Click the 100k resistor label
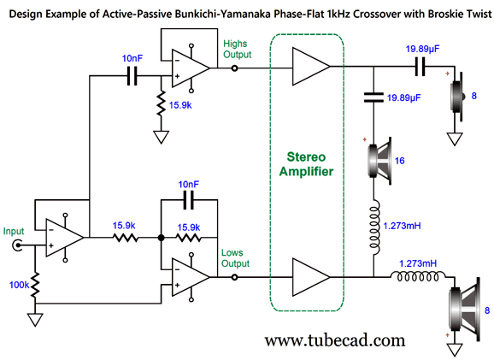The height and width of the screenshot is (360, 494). [19, 285]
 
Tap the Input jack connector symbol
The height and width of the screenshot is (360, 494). [17, 245]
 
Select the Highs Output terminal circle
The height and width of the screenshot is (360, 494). [234, 68]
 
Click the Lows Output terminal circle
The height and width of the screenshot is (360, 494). [234, 277]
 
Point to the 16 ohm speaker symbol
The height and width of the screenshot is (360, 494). [379, 161]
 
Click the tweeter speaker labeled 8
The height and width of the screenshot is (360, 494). [457, 97]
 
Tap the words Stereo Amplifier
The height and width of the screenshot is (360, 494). [306, 164]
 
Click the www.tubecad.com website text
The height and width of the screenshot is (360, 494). [334, 340]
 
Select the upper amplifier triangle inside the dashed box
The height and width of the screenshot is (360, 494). [310, 66]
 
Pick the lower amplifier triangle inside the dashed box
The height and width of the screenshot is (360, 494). [310, 277]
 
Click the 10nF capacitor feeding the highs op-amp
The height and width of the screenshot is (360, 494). [132, 75]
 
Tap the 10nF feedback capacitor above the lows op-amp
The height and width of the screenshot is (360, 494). [189, 200]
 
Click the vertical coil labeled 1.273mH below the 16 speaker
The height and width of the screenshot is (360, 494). [374, 227]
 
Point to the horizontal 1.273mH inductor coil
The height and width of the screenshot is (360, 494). [418, 277]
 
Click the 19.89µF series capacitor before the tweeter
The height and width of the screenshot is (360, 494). [420, 67]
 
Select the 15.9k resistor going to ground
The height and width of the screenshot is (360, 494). [161, 103]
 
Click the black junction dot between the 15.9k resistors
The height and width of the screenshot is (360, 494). [161, 238]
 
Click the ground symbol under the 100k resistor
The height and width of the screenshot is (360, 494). [35, 319]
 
